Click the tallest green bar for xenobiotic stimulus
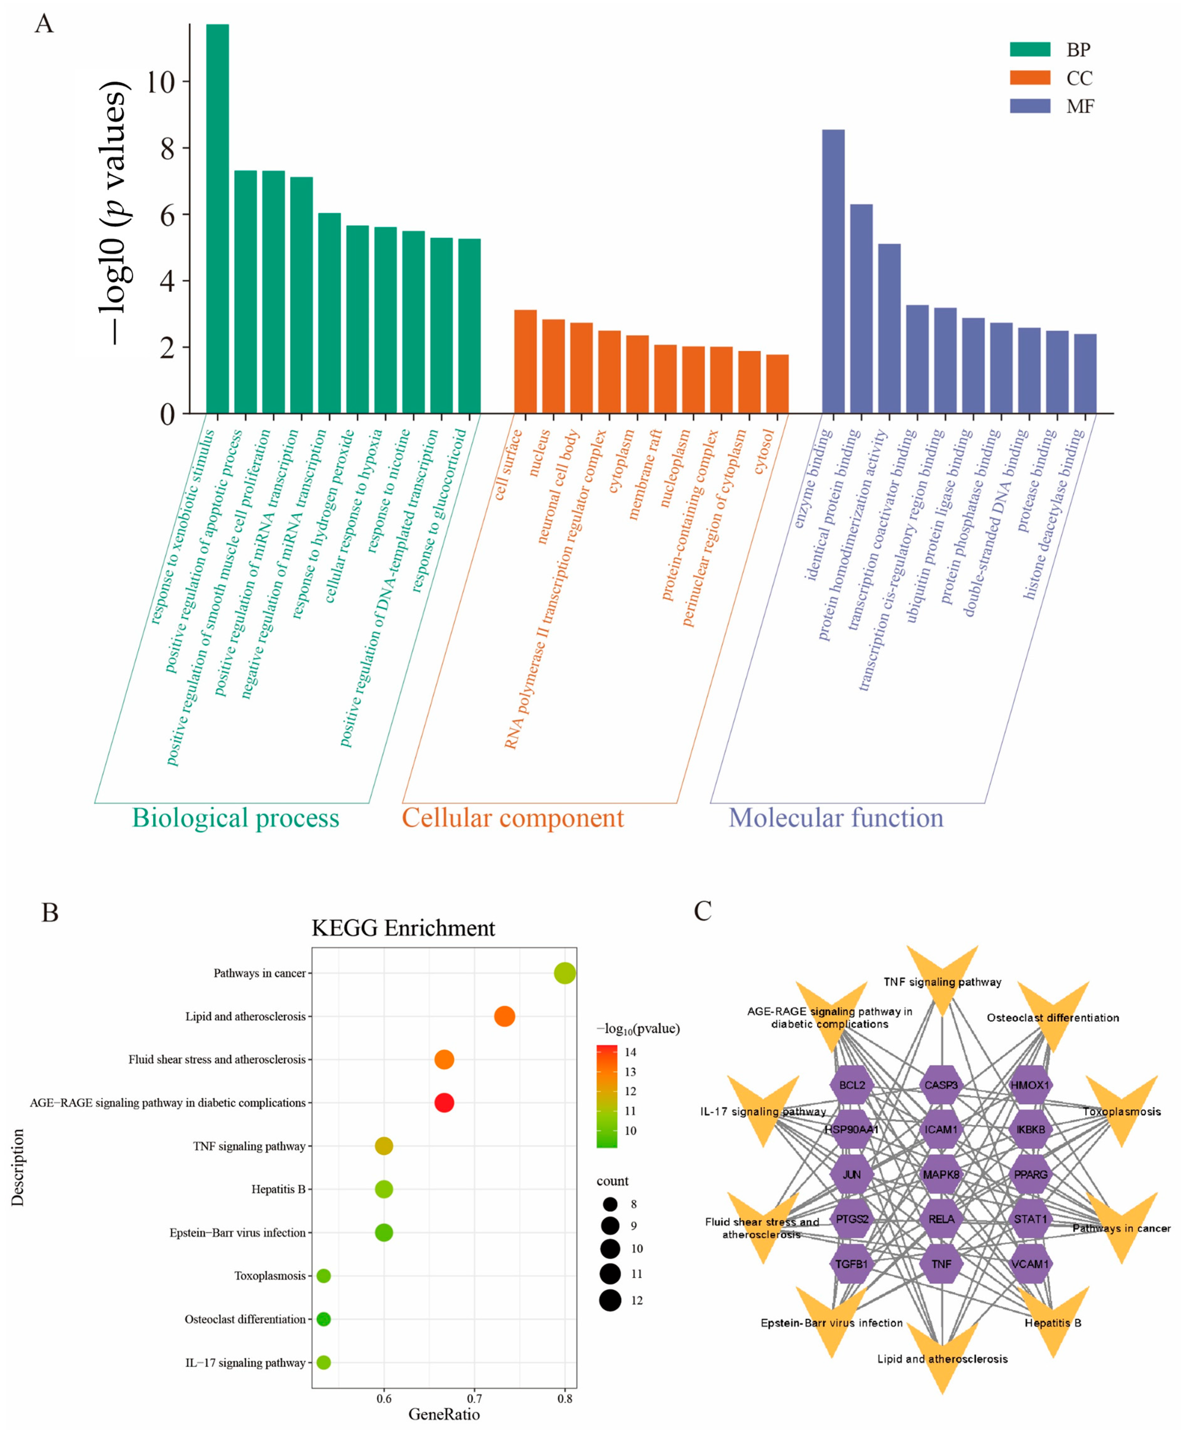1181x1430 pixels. pyautogui.click(x=218, y=218)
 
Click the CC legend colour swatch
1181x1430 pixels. pyautogui.click(x=1030, y=78)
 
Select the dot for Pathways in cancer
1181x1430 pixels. pyautogui.click(x=565, y=973)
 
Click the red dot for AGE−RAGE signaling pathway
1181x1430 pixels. pyautogui.click(x=444, y=1103)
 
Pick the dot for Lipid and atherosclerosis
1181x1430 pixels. pyautogui.click(x=504, y=1016)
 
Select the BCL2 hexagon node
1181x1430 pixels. pyautogui.click(x=852, y=1085)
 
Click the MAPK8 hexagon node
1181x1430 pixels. pyautogui.click(x=941, y=1174)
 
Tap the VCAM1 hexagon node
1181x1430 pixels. pyautogui.click(x=1030, y=1264)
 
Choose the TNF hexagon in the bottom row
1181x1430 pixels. pyautogui.click(x=941, y=1264)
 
